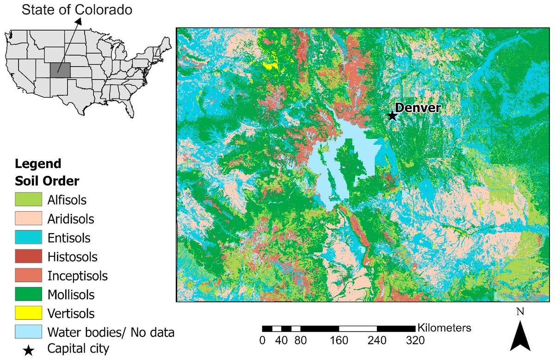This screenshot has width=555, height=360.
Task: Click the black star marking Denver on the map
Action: (x=392, y=116)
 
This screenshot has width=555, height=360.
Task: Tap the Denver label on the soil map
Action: (x=419, y=108)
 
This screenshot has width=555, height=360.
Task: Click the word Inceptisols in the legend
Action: (x=77, y=276)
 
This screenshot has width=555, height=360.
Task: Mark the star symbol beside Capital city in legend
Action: (x=28, y=350)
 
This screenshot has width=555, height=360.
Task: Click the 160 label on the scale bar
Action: (x=339, y=341)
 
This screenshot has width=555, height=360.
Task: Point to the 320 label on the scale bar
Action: (x=415, y=341)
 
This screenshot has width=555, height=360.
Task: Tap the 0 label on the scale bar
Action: (x=262, y=341)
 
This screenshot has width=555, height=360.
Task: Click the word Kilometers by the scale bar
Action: (x=444, y=328)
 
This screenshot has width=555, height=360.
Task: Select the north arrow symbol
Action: (x=520, y=336)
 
